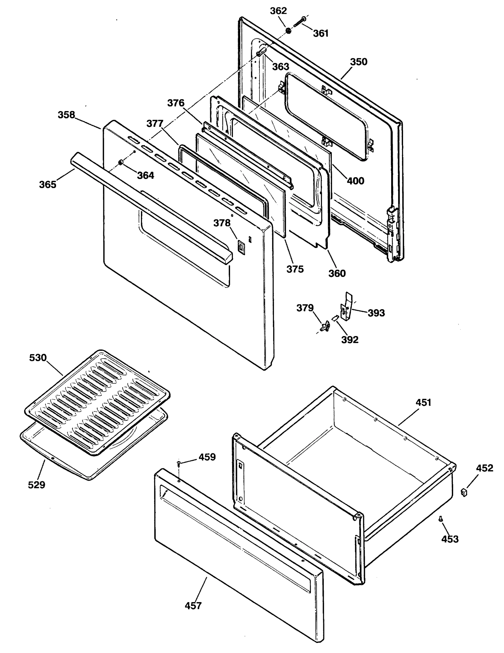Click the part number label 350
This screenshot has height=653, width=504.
click(x=358, y=62)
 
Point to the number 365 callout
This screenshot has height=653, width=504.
click(x=48, y=184)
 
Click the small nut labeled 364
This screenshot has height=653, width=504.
click(x=121, y=162)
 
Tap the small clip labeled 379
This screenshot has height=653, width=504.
click(x=325, y=326)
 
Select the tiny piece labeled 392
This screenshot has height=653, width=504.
click(x=335, y=318)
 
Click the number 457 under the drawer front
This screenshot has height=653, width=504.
click(x=193, y=606)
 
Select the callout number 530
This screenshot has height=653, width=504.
click(x=38, y=358)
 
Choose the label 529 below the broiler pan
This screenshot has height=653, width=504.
click(x=36, y=485)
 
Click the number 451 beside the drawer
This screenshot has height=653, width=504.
click(x=423, y=403)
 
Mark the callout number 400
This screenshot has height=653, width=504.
click(x=355, y=181)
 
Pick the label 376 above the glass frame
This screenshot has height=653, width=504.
click(x=175, y=103)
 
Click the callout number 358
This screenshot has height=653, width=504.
click(x=66, y=115)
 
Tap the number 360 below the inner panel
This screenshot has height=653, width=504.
click(x=337, y=273)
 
